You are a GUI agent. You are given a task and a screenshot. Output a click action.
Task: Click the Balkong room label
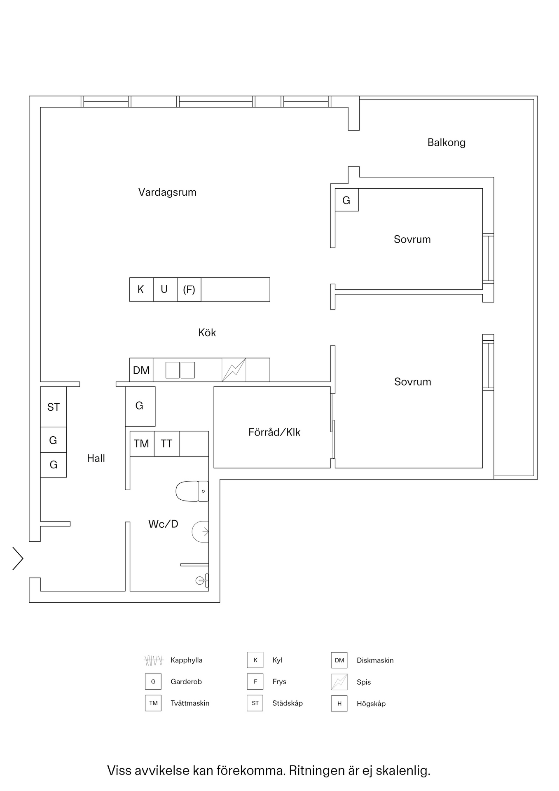(x=446, y=143)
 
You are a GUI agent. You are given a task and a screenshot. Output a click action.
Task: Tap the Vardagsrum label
(x=167, y=192)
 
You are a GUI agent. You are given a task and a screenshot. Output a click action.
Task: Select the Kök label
(x=207, y=332)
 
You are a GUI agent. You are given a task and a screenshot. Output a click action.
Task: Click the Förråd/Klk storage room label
(x=274, y=432)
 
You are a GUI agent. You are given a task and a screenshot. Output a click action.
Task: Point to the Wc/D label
(x=163, y=524)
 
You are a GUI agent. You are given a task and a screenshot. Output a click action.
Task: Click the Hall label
(x=96, y=458)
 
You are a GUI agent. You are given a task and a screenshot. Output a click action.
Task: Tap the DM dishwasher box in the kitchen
(x=141, y=370)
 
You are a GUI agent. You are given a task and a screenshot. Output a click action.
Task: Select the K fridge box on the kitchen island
(x=141, y=290)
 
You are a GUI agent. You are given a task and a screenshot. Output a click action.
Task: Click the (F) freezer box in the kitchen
(x=189, y=290)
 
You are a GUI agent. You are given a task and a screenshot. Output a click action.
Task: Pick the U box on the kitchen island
(x=164, y=290)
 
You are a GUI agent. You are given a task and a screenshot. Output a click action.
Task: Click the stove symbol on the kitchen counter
(x=234, y=370)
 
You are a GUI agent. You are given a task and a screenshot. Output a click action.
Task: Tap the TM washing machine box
(x=142, y=444)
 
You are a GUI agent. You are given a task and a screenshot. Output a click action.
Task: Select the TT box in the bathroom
(x=166, y=444)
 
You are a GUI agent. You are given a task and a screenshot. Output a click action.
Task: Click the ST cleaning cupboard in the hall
(x=53, y=407)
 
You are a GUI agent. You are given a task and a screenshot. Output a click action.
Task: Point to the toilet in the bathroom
(x=192, y=491)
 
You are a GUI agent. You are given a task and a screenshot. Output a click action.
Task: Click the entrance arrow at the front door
(x=18, y=559)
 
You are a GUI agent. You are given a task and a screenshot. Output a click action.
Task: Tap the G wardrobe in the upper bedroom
(x=346, y=200)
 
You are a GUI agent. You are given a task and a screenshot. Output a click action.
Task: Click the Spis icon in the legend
(x=339, y=682)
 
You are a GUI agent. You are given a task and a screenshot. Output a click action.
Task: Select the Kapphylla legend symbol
(x=154, y=660)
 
